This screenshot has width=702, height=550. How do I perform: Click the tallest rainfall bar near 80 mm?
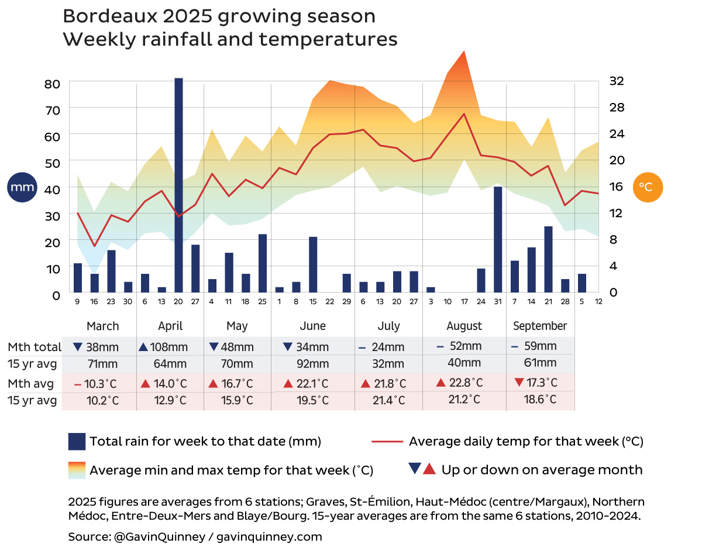pos(178,185)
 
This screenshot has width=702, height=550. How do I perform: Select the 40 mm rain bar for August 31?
pos(498,239)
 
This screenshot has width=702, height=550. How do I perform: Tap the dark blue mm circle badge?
pos(21,188)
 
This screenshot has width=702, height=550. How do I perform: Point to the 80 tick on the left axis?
pos(53,84)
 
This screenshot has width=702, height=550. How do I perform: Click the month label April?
pos(170,326)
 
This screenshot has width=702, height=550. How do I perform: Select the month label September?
pos(540,326)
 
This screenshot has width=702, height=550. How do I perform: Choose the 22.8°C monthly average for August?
pos(466,383)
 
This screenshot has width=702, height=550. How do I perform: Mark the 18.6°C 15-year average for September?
pos(540,400)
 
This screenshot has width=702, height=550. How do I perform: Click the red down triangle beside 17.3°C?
pos(518,383)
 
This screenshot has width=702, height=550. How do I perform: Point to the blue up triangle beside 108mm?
pos(143,346)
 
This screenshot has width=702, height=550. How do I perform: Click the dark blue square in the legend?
pos(77,442)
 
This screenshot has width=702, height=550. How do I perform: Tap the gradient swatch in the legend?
pos(77,470)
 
